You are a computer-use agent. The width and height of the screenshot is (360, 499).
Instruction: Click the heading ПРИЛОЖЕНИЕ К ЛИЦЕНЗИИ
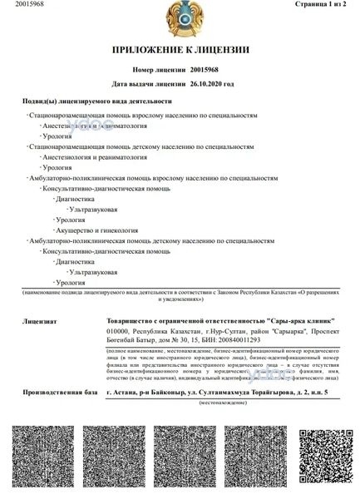pos(180,51)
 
